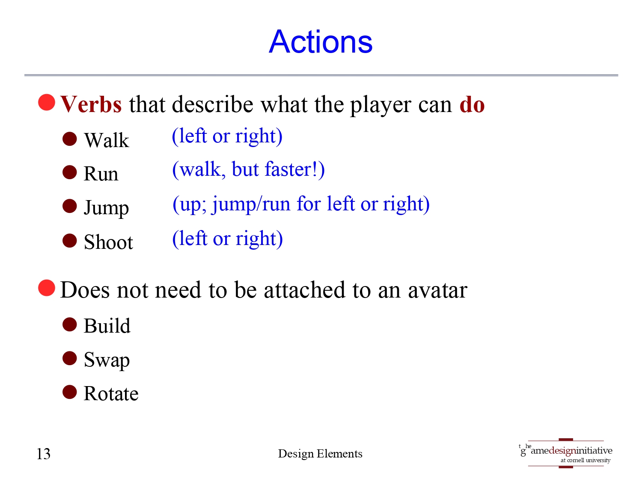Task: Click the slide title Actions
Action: (321, 42)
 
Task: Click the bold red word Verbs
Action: (91, 105)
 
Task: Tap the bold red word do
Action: (472, 105)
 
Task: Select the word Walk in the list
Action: (107, 140)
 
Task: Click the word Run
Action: (101, 174)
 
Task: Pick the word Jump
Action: (106, 208)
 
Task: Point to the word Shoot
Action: (108, 242)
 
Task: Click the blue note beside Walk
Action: (227, 136)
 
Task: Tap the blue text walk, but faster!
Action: (248, 170)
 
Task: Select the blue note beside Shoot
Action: (227, 239)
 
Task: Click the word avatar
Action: (437, 290)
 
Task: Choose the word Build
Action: (107, 326)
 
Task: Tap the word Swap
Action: (107, 360)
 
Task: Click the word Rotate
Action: (111, 394)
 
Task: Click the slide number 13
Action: (44, 454)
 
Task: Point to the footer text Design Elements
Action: (320, 454)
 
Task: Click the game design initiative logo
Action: (566, 453)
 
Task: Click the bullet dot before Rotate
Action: (70, 392)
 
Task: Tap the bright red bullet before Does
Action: (47, 288)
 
